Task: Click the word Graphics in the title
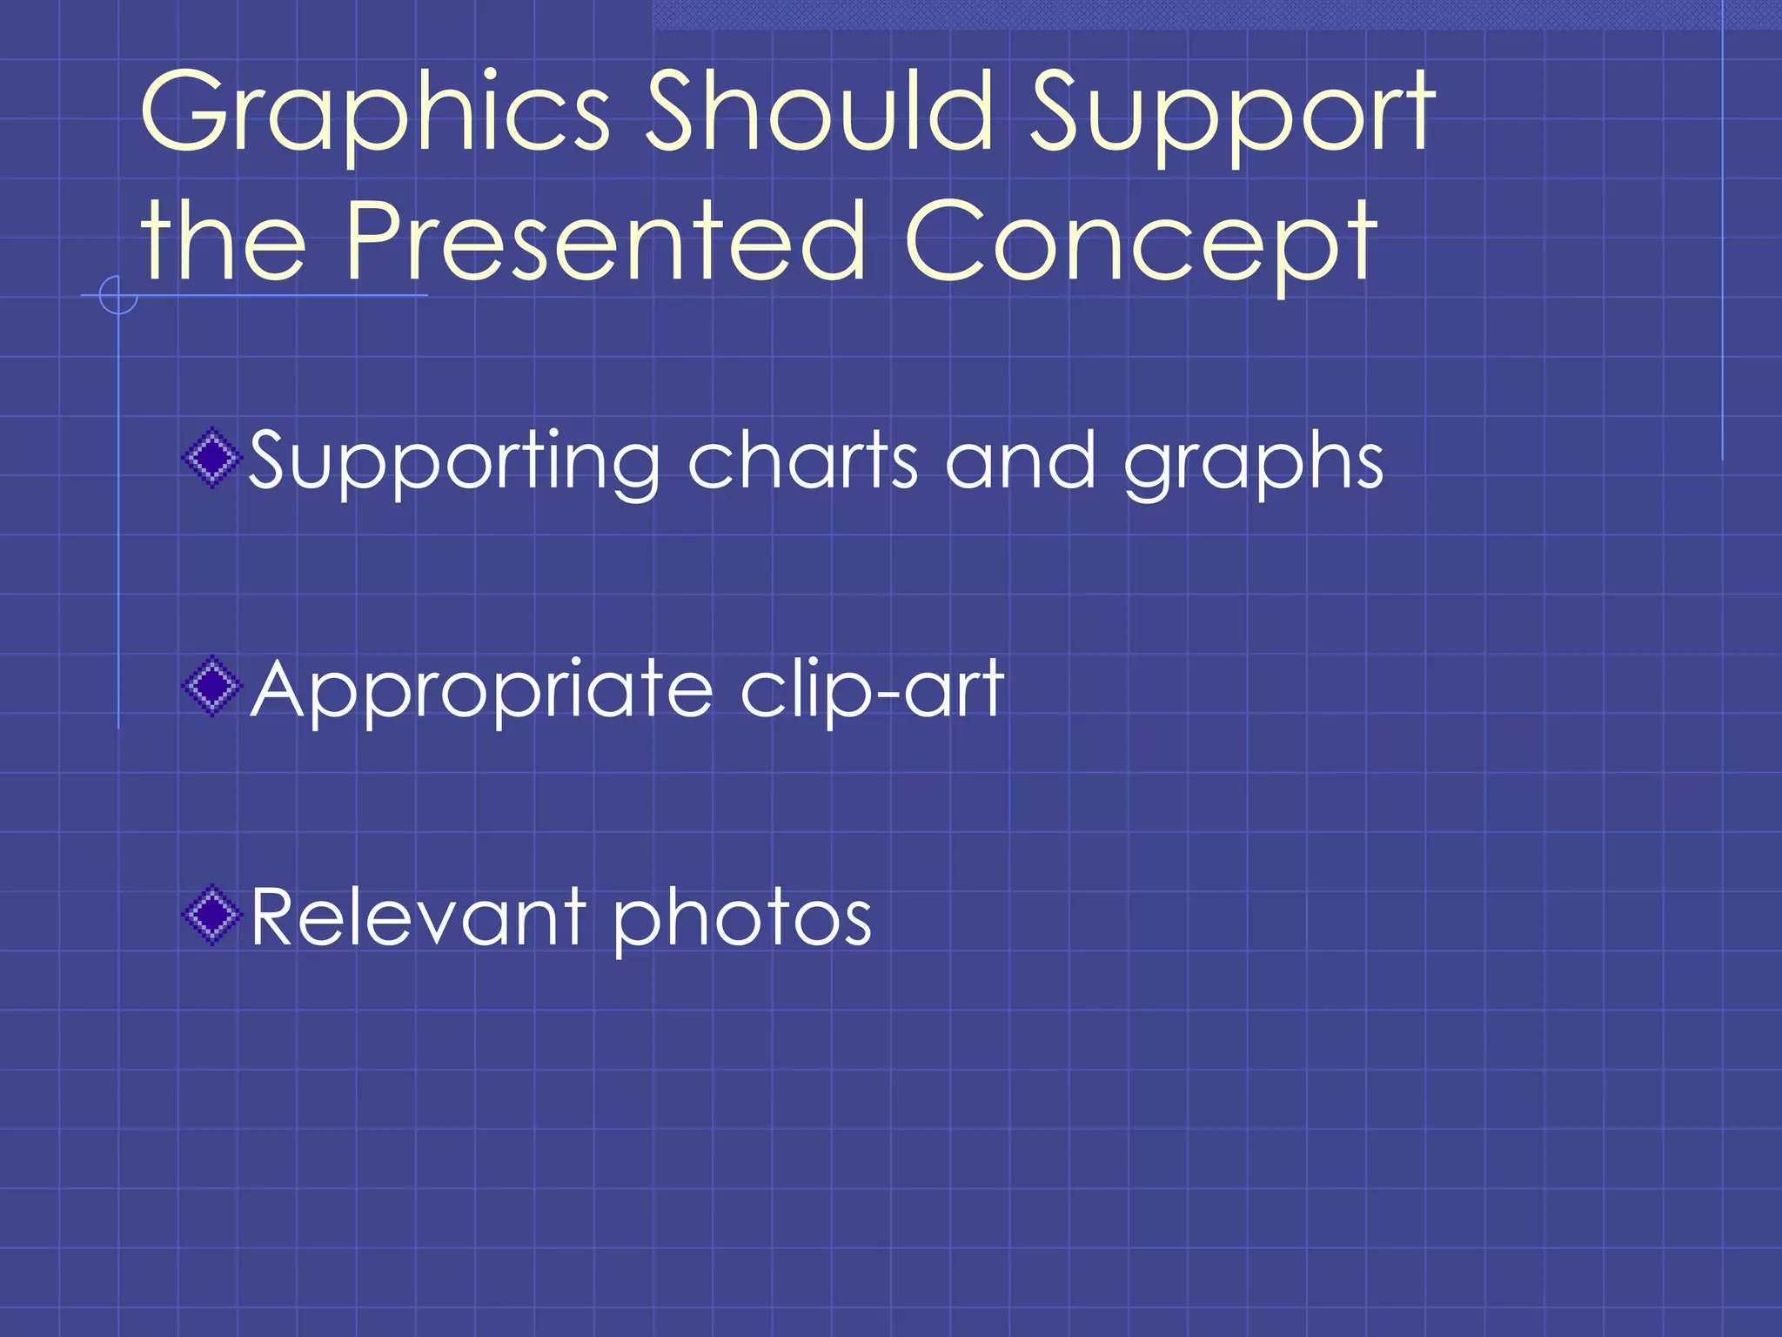point(374,113)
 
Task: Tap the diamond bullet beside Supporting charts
point(211,458)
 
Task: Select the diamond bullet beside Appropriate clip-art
point(211,687)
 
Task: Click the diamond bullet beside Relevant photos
point(211,915)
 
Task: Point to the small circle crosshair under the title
point(118,295)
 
